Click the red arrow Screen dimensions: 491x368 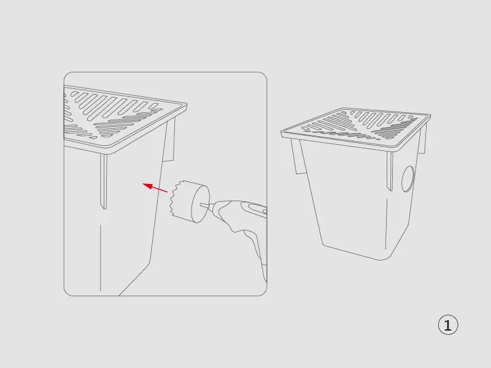click(155, 188)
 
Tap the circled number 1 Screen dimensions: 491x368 click(448, 325)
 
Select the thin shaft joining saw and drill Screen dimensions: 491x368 click(206, 205)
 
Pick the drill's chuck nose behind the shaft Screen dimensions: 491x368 click(214, 207)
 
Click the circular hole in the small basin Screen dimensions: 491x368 click(408, 178)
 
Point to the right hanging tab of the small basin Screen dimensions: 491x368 click(423, 137)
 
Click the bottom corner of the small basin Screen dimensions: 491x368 click(381, 259)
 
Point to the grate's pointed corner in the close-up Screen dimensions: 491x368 click(186, 104)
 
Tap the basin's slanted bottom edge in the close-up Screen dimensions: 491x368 click(134, 280)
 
